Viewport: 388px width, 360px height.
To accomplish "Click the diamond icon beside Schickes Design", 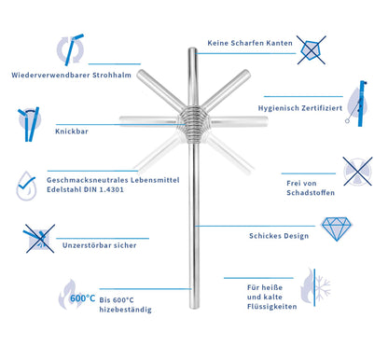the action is tap(337, 228).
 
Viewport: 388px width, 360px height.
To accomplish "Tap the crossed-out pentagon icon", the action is tap(312, 50).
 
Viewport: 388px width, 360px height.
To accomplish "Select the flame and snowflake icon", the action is tap(315, 287).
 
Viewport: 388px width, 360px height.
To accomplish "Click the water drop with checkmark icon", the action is tap(26, 186).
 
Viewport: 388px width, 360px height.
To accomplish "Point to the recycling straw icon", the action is tap(71, 49).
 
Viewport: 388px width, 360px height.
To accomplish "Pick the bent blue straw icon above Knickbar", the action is tap(29, 124).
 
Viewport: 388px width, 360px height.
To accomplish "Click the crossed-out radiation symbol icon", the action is tap(357, 172).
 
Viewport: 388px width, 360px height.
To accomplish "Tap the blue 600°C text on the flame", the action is tap(82, 298).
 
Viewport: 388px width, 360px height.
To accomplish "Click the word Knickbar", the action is tap(72, 132).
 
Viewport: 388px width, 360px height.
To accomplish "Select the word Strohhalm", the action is tap(112, 75).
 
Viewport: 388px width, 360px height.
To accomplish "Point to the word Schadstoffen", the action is tap(311, 192).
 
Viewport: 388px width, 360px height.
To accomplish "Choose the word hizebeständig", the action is tap(126, 310).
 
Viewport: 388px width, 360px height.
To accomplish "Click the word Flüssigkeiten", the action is tap(272, 307).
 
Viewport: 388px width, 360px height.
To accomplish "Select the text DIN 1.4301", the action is tap(104, 189).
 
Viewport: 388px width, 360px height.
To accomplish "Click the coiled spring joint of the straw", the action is tap(193, 124).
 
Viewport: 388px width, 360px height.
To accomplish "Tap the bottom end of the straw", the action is tap(194, 306).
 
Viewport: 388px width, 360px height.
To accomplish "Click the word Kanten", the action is tap(281, 43).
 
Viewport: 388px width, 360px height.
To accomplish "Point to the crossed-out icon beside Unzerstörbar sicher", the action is tap(39, 238).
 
